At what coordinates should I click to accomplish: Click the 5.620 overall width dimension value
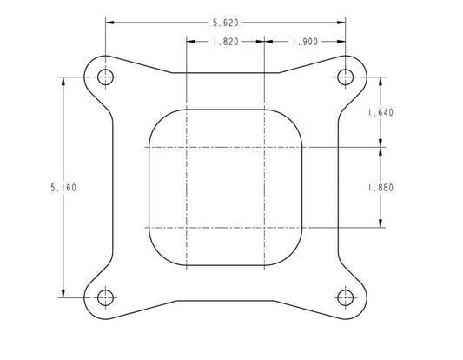[225, 24]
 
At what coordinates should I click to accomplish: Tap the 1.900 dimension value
[305, 42]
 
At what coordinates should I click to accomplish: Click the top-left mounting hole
[106, 77]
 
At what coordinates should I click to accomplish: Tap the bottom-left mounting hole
[106, 297]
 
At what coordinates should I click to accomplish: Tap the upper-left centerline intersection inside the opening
[186, 148]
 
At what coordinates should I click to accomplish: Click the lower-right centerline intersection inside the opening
[263, 228]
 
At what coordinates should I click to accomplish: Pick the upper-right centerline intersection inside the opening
[263, 148]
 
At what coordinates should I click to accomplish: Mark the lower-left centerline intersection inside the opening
[186, 228]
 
